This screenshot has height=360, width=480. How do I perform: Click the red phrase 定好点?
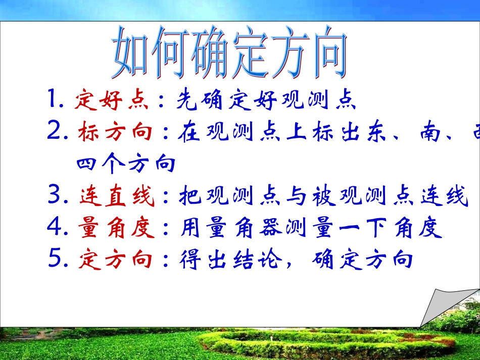[112, 100]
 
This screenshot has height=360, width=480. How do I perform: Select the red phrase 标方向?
[115, 133]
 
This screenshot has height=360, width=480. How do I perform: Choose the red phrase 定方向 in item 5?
[116, 260]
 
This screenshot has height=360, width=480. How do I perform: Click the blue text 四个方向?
[126, 164]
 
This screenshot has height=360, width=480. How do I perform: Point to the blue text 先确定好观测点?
[266, 100]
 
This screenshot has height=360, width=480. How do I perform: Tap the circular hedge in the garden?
[323, 341]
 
